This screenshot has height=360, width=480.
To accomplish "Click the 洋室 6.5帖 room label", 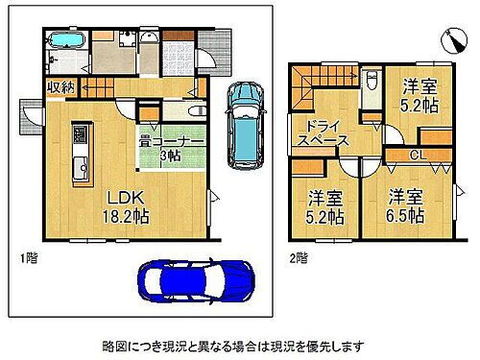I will (x=405, y=206).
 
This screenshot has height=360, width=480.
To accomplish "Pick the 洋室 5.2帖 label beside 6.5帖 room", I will (x=324, y=208).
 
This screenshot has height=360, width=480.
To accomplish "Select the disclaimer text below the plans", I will (x=240, y=343).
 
